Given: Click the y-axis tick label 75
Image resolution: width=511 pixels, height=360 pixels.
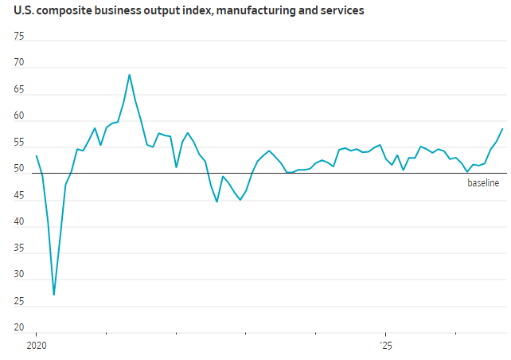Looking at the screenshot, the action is (19, 36).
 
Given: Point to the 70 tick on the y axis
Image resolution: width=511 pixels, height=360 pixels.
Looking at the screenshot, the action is (19, 62).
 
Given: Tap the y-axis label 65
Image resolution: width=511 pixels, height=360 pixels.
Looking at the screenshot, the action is (19, 89).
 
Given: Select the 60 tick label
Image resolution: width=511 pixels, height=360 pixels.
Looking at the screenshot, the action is (19, 115).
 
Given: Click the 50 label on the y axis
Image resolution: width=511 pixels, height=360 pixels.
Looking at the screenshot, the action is (19, 168).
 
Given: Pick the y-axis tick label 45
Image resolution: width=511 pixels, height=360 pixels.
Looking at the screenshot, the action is (19, 196).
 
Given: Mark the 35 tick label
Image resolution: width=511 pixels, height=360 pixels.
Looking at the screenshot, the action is (19, 248).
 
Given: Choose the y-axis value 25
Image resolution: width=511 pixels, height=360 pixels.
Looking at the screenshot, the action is (19, 301).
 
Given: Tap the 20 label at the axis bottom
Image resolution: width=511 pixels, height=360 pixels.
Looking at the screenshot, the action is (19, 327).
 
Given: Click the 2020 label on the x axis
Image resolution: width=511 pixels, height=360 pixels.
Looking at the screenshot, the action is (37, 346).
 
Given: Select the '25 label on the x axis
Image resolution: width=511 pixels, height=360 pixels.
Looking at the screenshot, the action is (386, 346).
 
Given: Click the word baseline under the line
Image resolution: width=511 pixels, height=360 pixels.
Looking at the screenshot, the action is (483, 183).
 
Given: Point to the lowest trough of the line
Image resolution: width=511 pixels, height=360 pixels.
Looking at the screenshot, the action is (54, 295).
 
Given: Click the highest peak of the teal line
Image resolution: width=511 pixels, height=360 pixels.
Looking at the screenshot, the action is (130, 75).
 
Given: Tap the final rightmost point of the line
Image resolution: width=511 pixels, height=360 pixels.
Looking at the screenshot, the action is (502, 129).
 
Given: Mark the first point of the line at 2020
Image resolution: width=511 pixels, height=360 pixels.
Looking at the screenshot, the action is (36, 155).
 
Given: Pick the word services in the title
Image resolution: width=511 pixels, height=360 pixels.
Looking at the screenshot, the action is (342, 10).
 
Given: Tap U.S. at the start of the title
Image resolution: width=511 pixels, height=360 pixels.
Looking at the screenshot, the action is (24, 10).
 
